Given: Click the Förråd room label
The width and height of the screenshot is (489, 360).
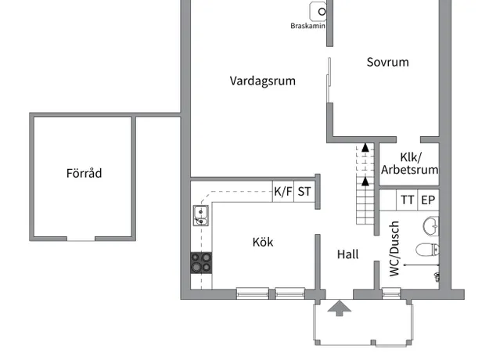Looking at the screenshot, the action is (x=84, y=173).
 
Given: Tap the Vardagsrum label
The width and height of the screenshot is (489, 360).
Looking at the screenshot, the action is (x=263, y=81).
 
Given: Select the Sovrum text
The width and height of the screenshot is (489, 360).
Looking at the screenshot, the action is (x=387, y=62).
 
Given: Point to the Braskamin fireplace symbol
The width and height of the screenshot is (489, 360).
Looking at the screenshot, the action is (x=318, y=12).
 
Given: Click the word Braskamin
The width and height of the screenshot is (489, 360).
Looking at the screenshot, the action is (x=307, y=26).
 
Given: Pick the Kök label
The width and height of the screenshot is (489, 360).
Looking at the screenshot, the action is (x=263, y=242).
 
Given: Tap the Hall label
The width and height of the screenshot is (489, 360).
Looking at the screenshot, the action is (x=347, y=254).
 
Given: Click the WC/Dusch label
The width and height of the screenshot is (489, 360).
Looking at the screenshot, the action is (x=394, y=249).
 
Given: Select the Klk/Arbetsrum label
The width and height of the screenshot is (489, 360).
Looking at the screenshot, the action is (x=409, y=164).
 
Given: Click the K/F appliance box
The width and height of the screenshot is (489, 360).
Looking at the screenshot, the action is (x=283, y=192).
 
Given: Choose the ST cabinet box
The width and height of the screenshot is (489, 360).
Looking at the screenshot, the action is (x=304, y=192).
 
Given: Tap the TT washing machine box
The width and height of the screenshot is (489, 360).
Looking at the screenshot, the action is (x=407, y=200).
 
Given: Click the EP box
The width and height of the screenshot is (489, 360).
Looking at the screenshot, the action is (x=428, y=200).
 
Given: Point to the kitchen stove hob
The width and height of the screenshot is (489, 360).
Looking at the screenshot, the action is (x=201, y=263).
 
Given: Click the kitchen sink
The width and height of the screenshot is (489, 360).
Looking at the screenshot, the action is (x=201, y=215).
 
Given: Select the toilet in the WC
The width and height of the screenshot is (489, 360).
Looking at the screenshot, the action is (x=427, y=250).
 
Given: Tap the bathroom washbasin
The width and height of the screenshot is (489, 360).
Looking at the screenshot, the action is (x=431, y=226).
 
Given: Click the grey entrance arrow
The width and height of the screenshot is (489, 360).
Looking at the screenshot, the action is (x=340, y=308).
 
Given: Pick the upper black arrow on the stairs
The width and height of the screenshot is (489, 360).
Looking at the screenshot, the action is (x=365, y=148).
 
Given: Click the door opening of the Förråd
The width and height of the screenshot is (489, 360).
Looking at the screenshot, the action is (x=81, y=239).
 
